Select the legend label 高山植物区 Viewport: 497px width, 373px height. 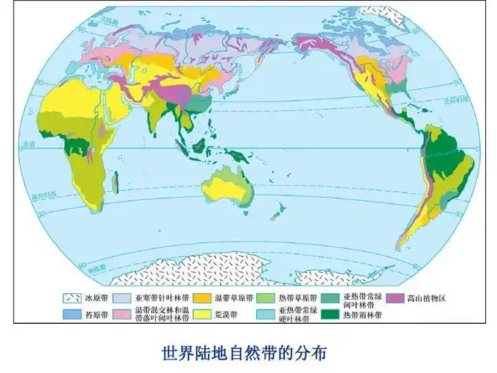pos(425,298)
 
